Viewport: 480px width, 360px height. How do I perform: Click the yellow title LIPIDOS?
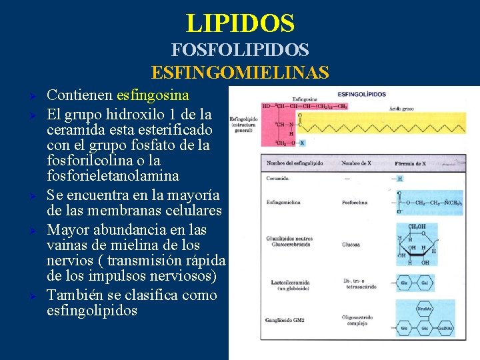[240, 23]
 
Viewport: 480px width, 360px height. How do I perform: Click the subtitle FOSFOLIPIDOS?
[240, 50]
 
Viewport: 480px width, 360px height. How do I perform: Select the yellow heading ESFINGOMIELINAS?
[240, 72]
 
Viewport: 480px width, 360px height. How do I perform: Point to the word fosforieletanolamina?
[113, 176]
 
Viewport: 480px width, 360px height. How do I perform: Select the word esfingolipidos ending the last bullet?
[92, 311]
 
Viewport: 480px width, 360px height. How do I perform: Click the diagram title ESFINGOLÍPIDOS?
[362, 94]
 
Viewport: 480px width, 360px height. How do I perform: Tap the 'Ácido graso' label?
[402, 108]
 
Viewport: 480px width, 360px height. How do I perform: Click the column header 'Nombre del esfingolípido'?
[293, 163]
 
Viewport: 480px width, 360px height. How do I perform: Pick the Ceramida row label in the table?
[278, 179]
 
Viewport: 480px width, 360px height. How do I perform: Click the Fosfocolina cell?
[354, 203]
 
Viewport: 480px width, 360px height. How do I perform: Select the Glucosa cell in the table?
[351, 244]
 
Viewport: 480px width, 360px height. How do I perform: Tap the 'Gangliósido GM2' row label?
[286, 320]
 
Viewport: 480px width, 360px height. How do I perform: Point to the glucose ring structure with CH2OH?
[414, 244]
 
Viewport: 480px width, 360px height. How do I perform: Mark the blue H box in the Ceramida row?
[400, 179]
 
